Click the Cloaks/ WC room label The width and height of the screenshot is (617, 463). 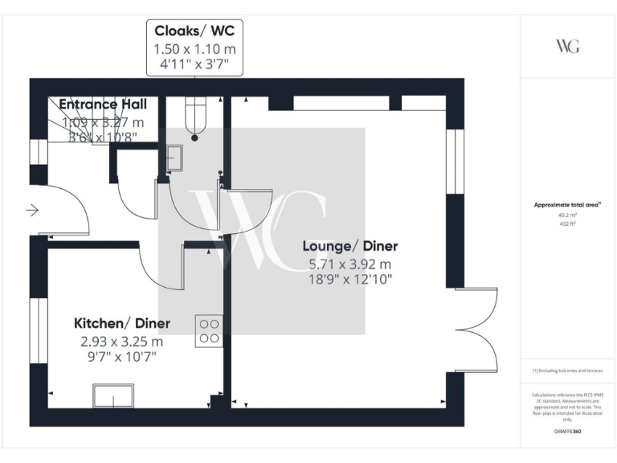[x=194, y=33]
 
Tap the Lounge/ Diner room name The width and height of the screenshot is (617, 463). [x=349, y=246]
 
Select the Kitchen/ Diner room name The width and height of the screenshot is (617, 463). [x=122, y=323]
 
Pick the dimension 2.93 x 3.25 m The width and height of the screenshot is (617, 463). [x=122, y=341]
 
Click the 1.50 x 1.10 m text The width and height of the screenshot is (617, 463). [x=194, y=50]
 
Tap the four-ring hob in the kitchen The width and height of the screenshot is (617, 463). [x=209, y=331]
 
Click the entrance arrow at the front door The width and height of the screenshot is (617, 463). [x=33, y=211]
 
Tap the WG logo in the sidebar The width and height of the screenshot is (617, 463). [x=567, y=46]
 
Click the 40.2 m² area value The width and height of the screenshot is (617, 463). [x=567, y=215]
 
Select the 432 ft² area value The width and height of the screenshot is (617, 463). [x=567, y=223]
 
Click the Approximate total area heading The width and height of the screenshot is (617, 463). [x=567, y=205]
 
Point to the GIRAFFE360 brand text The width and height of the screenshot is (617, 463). [x=567, y=432]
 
